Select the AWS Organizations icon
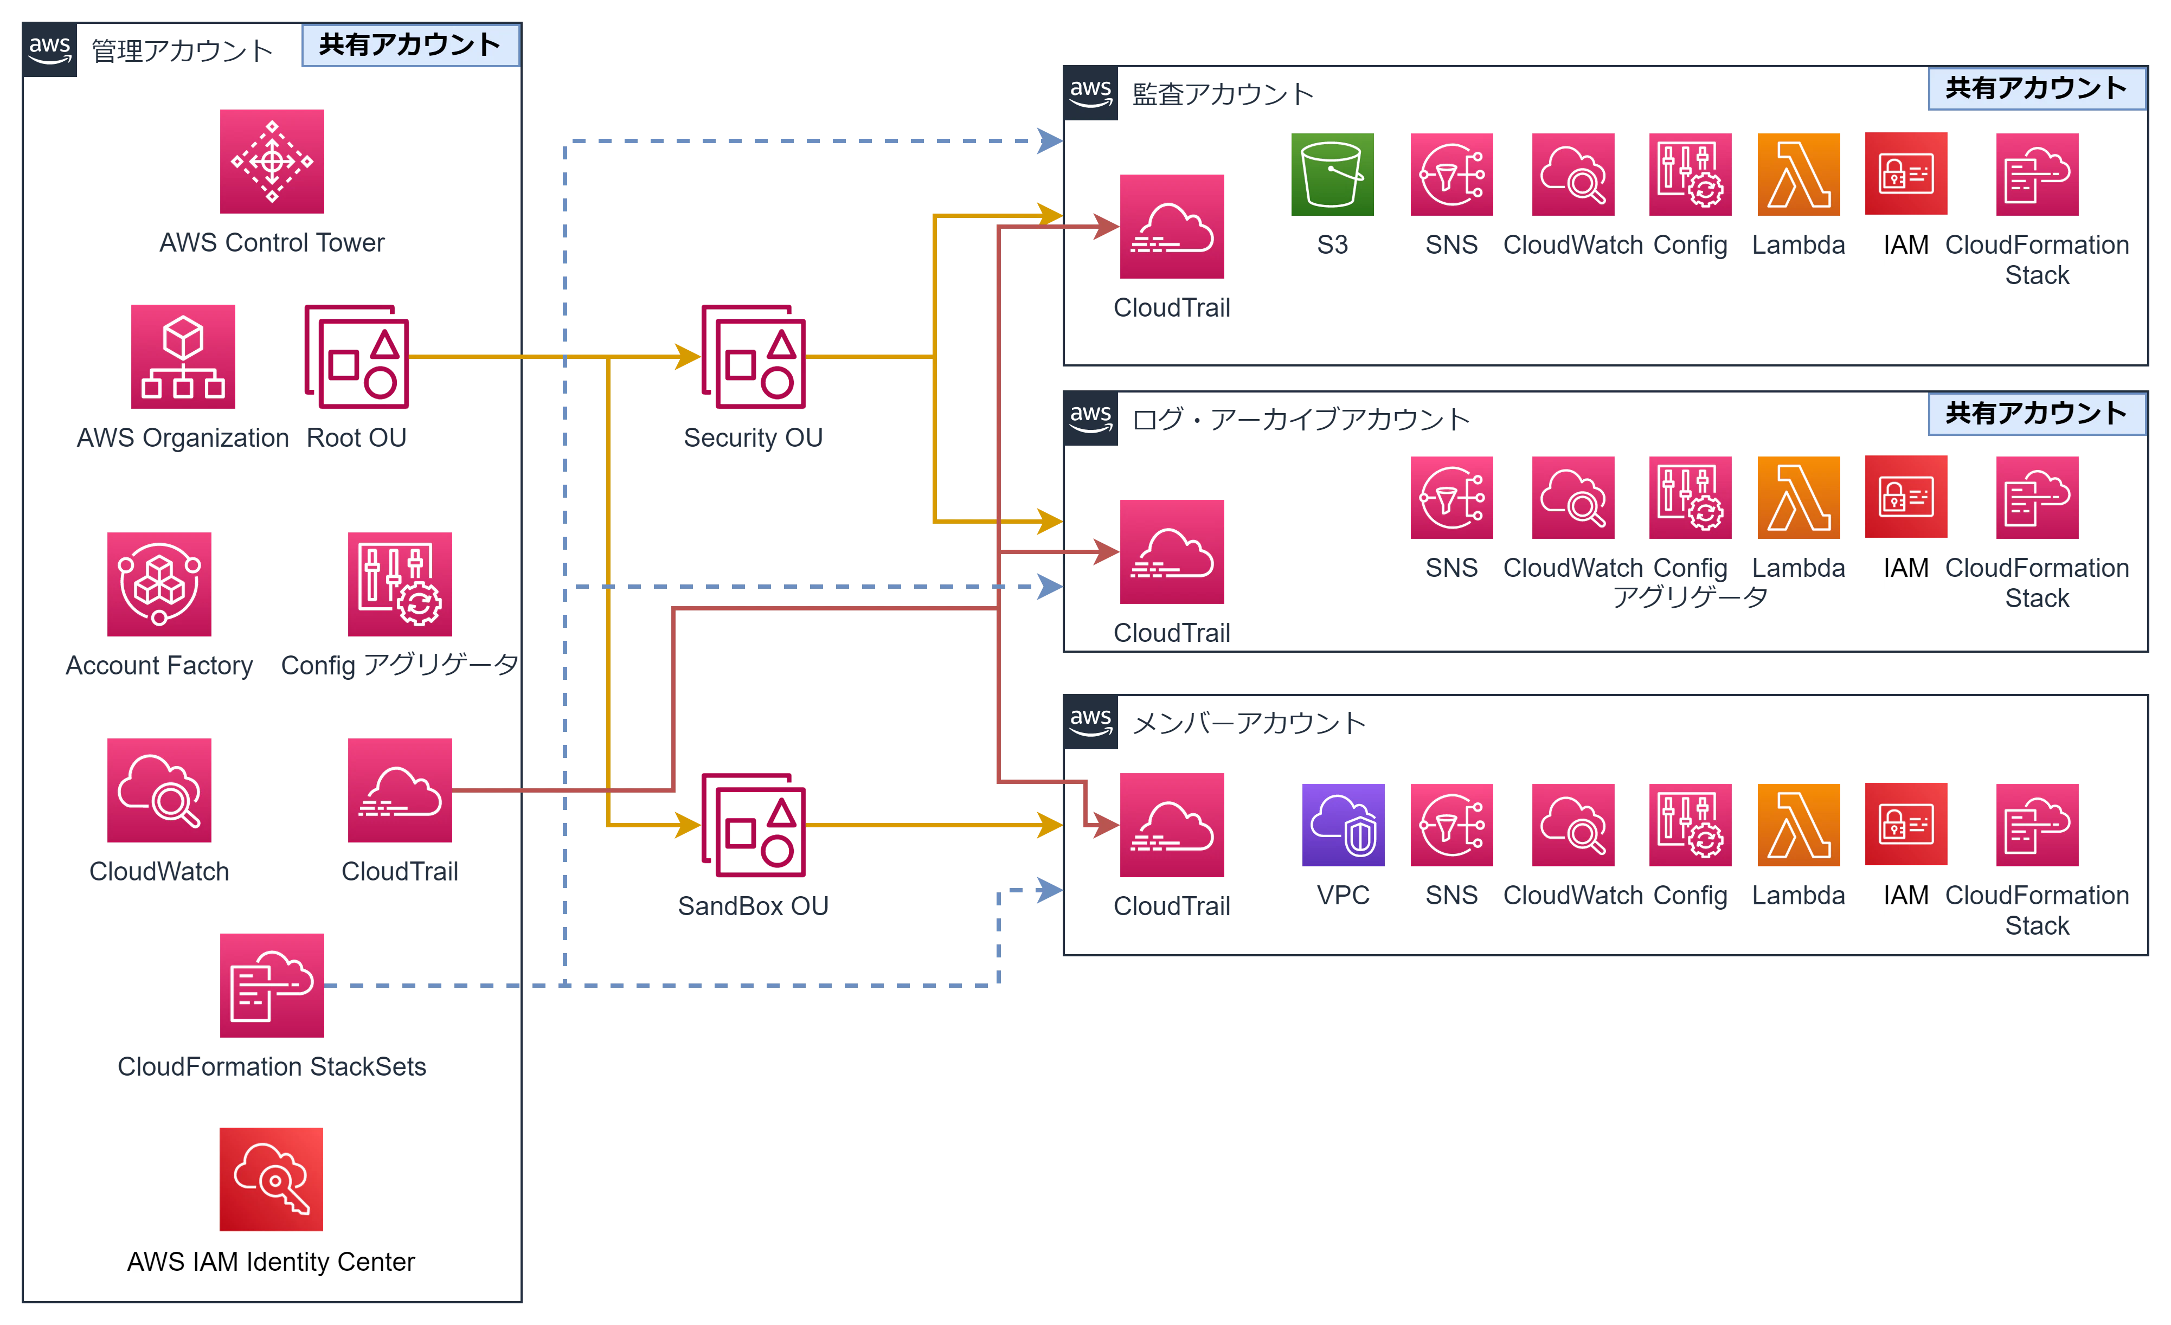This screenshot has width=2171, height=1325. [184, 358]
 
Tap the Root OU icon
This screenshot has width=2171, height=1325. [358, 358]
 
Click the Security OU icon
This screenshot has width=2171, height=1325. [753, 358]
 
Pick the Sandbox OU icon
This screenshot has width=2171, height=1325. [753, 826]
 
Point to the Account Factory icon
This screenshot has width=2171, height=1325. [158, 583]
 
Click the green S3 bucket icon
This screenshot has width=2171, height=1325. [1331, 173]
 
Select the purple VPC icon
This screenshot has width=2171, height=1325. [1344, 824]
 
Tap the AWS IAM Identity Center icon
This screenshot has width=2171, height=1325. [271, 1180]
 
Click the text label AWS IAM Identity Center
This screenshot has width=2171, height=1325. [271, 1263]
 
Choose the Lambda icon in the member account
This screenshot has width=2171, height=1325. [1799, 824]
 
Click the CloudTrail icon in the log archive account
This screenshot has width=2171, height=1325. [1173, 552]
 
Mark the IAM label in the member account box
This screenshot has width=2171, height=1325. [1907, 897]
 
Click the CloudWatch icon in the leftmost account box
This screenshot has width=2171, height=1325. [158, 791]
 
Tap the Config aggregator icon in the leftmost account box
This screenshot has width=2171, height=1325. [401, 583]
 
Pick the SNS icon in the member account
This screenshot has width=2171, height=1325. [1452, 824]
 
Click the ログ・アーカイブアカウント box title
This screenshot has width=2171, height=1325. [1300, 420]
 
